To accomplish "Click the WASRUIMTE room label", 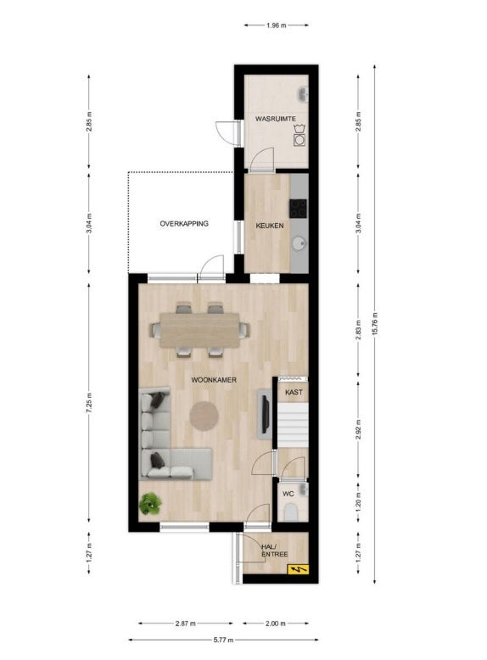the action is coord(275,119).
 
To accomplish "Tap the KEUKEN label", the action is coord(270,226).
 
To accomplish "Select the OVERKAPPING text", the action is coord(184,223).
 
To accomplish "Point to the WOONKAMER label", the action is coord(214,380).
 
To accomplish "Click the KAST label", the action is coord(294,392).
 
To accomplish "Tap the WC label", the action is coord(288,494).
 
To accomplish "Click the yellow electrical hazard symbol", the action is coord(298,570).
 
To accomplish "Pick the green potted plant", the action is coord(150,503).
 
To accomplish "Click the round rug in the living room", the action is coord(204,416).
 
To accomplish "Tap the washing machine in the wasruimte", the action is coord(299,140).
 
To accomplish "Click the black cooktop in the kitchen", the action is coord(298,209).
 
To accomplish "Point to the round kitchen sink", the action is coord(299,243).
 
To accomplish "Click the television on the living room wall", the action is coord(266,415).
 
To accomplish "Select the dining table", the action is coord(199,330).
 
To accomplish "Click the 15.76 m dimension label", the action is coord(375,324).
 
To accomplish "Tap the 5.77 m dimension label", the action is coord(223,640).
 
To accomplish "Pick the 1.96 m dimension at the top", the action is coord(276,25).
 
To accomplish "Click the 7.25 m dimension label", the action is coord(89,403).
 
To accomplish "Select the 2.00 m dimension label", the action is coord(276,624).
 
